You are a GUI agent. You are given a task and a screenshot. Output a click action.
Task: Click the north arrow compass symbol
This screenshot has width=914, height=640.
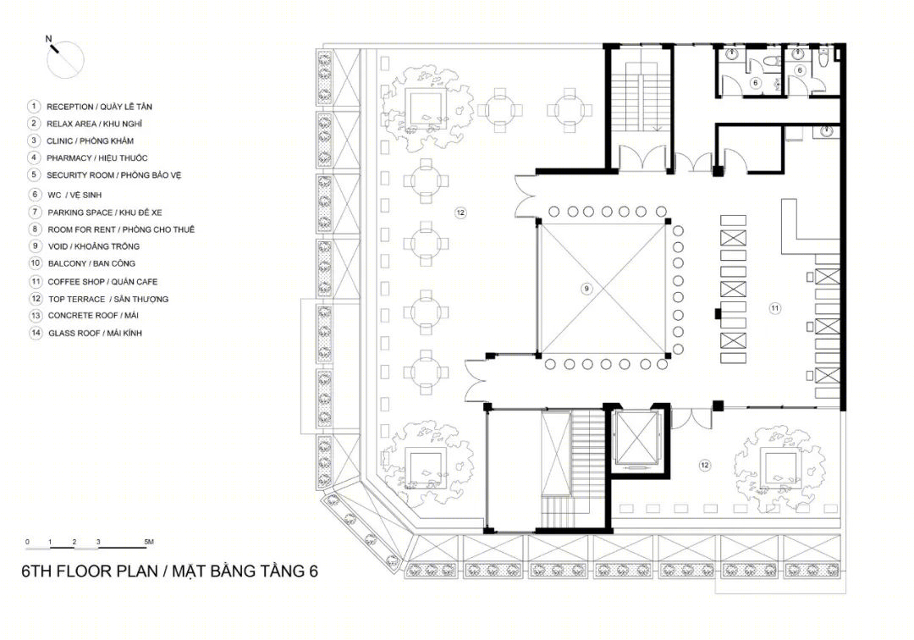[x=64, y=59]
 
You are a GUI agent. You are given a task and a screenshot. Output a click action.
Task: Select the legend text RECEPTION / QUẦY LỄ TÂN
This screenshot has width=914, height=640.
[x=99, y=107]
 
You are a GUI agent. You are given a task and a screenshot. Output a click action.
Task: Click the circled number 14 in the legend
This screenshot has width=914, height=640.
[x=36, y=333]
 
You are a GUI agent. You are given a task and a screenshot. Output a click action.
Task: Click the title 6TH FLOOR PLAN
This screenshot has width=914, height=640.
[x=90, y=571]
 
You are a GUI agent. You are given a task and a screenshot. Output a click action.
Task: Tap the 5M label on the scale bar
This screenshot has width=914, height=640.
[x=149, y=542]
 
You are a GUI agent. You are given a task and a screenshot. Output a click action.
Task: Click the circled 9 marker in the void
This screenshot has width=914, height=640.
[x=587, y=288]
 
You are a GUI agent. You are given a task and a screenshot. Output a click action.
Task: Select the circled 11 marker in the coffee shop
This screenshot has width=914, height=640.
[x=774, y=308]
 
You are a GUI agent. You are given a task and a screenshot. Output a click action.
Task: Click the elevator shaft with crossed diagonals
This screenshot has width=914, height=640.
[x=636, y=440]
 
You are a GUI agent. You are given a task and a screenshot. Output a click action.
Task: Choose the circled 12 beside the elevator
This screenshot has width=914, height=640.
[x=705, y=465]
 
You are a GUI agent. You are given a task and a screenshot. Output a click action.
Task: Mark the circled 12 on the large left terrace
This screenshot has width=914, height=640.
[x=460, y=212]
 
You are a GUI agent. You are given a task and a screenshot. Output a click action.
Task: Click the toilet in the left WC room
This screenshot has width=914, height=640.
[x=771, y=62]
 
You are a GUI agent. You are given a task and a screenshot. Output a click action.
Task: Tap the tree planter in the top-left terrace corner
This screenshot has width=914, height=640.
[x=428, y=107]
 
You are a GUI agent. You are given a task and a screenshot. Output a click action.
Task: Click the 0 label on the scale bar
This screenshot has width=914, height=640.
[x=27, y=542]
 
